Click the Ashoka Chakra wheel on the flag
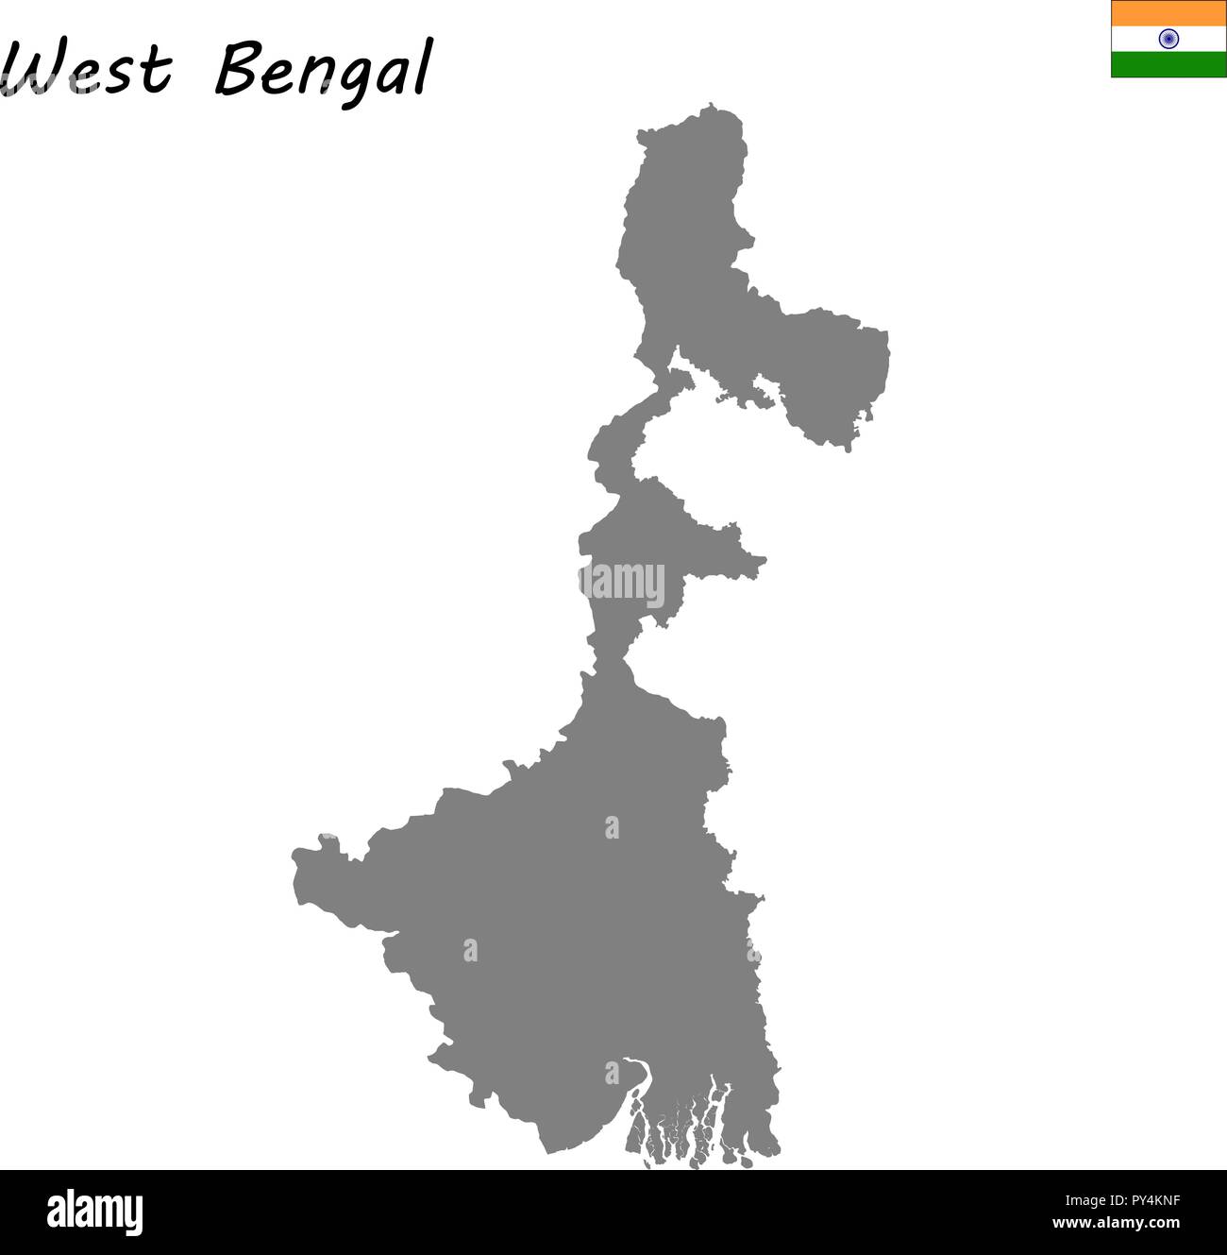coord(1168,39)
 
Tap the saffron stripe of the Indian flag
coord(1168,13)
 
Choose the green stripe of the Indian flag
coord(1168,64)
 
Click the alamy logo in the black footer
coord(95,1213)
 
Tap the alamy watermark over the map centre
coord(622,582)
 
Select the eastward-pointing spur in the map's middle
coord(755,561)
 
